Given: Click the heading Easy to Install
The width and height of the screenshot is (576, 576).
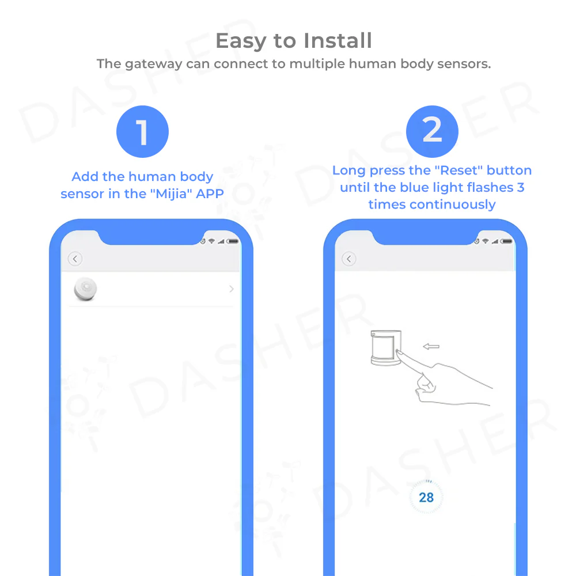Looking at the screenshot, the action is tap(294, 41).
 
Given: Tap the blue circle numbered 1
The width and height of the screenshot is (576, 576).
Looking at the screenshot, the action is tap(142, 131).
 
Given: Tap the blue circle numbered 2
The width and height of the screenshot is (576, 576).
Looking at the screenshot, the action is tap(432, 131).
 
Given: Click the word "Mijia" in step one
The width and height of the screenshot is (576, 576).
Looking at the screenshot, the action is tap(172, 194).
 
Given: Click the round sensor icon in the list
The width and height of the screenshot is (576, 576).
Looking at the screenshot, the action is tap(85, 289).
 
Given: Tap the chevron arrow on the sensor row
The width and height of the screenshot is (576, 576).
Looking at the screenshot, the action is tap(231, 289).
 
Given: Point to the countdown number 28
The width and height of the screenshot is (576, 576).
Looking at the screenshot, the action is tap(426, 498).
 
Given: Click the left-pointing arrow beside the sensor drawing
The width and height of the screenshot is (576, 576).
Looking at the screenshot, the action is tap(431, 346).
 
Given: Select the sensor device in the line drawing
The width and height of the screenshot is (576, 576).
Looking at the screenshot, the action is tap(386, 347).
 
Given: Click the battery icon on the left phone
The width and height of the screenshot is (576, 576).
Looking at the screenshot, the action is tap(233, 241).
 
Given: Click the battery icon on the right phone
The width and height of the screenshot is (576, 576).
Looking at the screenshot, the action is tap(506, 241).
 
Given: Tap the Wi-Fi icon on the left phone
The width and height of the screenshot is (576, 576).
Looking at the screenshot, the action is tap(211, 241).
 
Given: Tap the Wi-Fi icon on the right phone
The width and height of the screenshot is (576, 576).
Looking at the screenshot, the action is tap(485, 241).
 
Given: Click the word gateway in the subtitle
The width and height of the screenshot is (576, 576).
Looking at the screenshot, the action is tap(154, 65).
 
